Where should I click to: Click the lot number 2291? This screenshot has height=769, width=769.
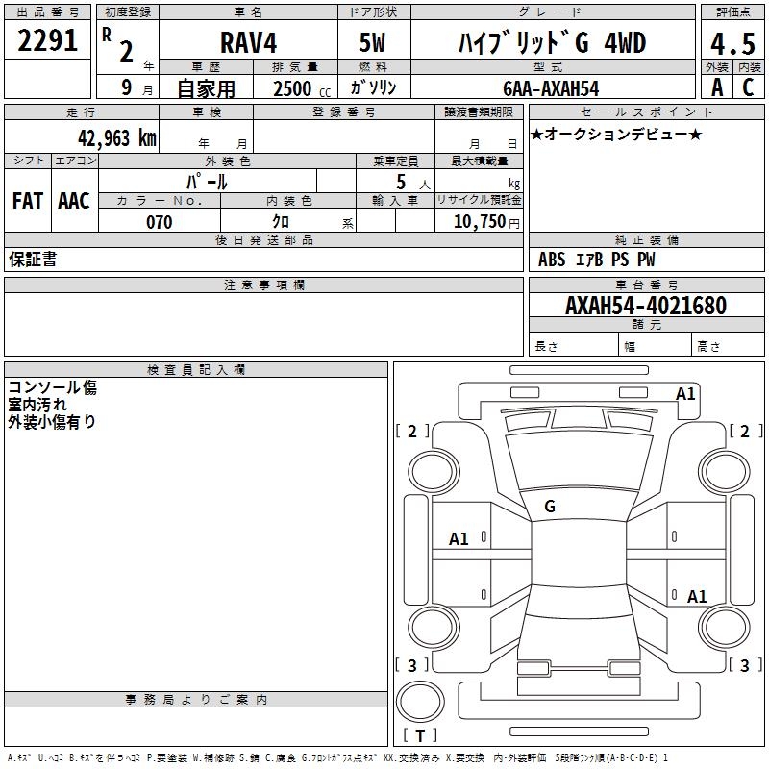coord(48,40)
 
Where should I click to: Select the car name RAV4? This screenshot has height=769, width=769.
coord(248,43)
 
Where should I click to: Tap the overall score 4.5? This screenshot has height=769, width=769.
coord(732,43)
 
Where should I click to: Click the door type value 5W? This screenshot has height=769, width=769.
coord(373,43)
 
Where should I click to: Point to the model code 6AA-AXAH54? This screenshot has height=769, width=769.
coord(551,88)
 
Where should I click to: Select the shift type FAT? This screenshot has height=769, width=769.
coord(27,201)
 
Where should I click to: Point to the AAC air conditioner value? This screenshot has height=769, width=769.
coord(74,201)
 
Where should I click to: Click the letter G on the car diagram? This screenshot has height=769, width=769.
coord(550,506)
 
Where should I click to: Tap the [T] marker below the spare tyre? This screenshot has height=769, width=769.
coord(420,735)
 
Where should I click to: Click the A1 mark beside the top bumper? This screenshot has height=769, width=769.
coord(685,394)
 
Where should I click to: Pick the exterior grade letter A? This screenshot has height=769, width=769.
coord(717,87)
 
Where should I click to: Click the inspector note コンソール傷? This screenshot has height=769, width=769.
coord(52,388)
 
